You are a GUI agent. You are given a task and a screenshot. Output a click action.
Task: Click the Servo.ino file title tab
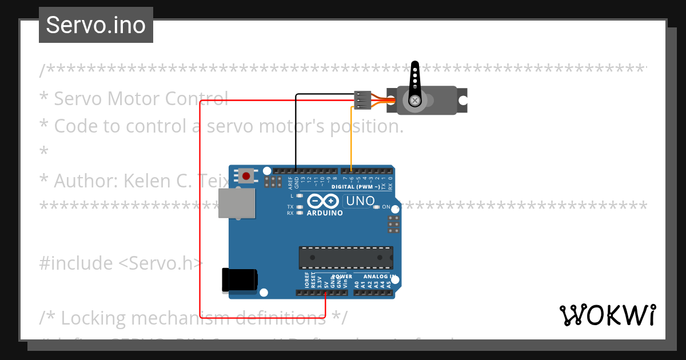(x=95, y=25)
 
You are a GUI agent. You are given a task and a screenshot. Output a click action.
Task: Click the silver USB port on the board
(x=236, y=203)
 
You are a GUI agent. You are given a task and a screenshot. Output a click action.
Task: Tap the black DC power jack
(x=240, y=280)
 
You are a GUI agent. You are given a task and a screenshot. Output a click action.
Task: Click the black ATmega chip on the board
(x=346, y=258)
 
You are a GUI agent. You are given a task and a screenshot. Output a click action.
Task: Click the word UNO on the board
(x=361, y=201)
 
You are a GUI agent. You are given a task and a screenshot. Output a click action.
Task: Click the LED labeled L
(x=299, y=196)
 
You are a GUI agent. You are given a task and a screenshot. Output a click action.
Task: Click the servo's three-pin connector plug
(x=362, y=99)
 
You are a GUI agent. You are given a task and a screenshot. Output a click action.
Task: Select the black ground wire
(x=296, y=131)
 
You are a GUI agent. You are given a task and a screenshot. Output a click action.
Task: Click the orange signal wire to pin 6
(x=351, y=137)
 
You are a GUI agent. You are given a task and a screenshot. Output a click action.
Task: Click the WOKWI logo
(x=607, y=315)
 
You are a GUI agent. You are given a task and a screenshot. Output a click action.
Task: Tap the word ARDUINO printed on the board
(x=325, y=213)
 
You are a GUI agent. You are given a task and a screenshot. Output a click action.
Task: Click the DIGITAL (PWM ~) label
(x=356, y=187)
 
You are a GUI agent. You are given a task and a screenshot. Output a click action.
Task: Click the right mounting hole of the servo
(x=464, y=100)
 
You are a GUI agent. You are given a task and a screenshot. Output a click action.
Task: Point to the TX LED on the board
(x=299, y=206)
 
